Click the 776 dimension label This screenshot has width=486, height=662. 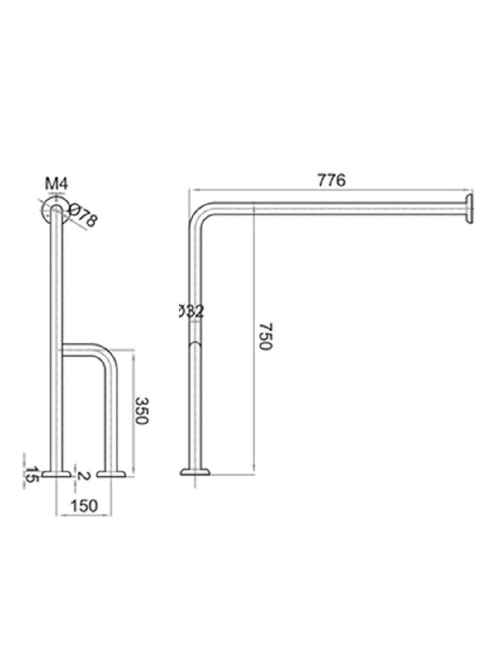(x=331, y=180)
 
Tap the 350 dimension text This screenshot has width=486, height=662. (x=142, y=411)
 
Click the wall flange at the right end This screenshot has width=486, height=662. (x=469, y=209)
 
